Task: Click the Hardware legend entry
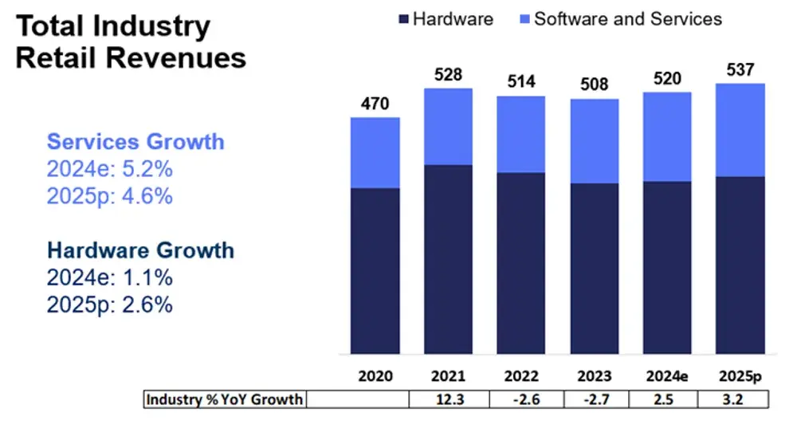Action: tap(446, 18)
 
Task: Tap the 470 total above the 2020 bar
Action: tap(375, 104)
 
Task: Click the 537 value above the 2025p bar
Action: tap(740, 70)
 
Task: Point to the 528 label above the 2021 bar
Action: tap(448, 75)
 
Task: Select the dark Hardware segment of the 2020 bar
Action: tap(375, 271)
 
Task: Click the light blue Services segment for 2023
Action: tap(595, 141)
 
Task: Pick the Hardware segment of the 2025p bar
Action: tap(740, 265)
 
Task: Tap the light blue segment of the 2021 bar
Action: tap(448, 127)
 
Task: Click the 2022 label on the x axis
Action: tap(521, 376)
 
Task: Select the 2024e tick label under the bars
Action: tap(668, 376)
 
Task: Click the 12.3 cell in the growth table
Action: tap(448, 399)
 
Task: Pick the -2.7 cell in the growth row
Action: tap(595, 399)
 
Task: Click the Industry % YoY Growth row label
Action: tap(224, 399)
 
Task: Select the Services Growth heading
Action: tap(135, 142)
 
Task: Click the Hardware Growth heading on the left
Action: tap(140, 250)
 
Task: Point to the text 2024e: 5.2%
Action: tap(110, 169)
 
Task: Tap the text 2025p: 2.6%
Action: tap(110, 304)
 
